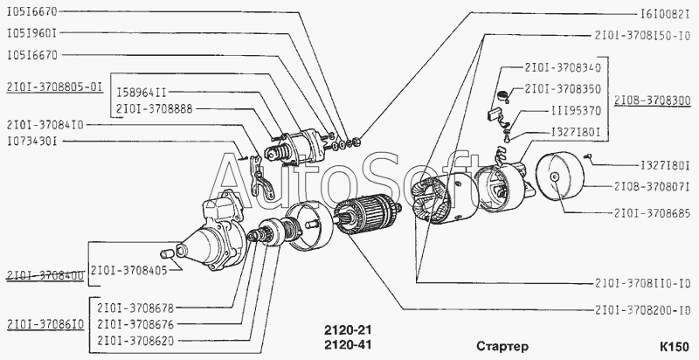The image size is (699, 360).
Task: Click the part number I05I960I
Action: (32, 33)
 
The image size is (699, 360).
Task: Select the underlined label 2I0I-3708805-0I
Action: (54, 87)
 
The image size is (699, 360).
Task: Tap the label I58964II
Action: (142, 93)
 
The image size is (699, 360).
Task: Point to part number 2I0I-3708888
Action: (155, 108)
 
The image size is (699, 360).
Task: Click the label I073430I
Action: (32, 142)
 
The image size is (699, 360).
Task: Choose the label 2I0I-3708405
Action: (128, 271)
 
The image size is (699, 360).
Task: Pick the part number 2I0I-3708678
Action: (135, 308)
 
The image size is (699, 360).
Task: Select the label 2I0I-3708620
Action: (135, 341)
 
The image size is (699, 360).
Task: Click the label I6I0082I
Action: (665, 14)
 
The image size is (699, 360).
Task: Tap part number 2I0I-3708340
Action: (563, 68)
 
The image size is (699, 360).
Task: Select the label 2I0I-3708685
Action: (652, 213)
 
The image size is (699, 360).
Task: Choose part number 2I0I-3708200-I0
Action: (642, 309)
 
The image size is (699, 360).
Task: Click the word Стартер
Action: (502, 346)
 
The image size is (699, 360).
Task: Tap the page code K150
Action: (674, 346)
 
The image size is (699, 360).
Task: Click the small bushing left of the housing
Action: (166, 254)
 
